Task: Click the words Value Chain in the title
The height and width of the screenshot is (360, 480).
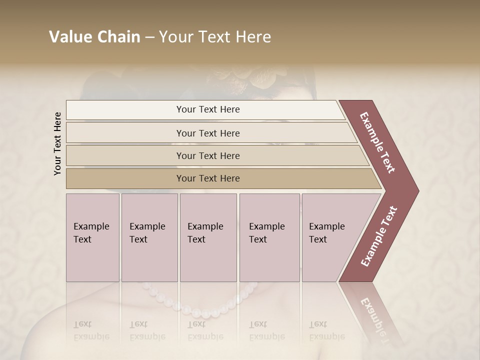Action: (x=94, y=37)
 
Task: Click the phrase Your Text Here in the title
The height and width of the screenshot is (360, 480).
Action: (x=215, y=37)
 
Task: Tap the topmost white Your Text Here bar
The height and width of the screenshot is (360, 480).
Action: (x=208, y=109)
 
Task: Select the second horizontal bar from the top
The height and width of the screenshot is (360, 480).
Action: (x=208, y=133)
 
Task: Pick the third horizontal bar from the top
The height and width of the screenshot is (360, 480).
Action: (x=208, y=155)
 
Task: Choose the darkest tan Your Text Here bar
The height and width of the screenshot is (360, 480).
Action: (x=208, y=178)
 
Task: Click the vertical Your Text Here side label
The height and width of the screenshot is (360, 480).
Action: (x=57, y=143)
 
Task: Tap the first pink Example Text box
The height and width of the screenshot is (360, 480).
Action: (x=92, y=237)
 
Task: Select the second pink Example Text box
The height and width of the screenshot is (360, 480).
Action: (x=149, y=237)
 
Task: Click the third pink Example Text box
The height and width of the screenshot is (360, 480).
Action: (x=208, y=237)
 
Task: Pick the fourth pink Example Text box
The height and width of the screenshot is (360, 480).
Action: (x=269, y=237)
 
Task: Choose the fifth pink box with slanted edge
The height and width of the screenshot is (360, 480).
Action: (x=330, y=237)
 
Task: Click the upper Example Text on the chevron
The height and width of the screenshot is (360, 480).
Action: (x=377, y=142)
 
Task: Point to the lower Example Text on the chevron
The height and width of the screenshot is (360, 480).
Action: (x=379, y=236)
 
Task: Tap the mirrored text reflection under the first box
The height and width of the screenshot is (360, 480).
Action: (x=91, y=330)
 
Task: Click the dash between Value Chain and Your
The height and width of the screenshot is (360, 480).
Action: (x=149, y=37)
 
